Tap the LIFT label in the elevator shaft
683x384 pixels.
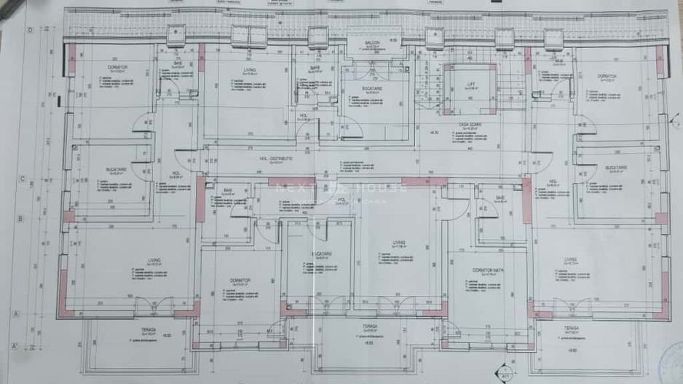pos(470,85)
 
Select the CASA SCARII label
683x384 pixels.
pos(467,125)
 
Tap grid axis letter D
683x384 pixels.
pos(31,31)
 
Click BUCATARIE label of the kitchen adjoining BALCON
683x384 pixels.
pos(372,88)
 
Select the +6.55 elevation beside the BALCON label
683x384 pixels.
pos(392,41)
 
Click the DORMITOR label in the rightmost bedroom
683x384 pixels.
pos(607,76)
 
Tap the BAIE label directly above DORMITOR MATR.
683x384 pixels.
pos(500,197)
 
